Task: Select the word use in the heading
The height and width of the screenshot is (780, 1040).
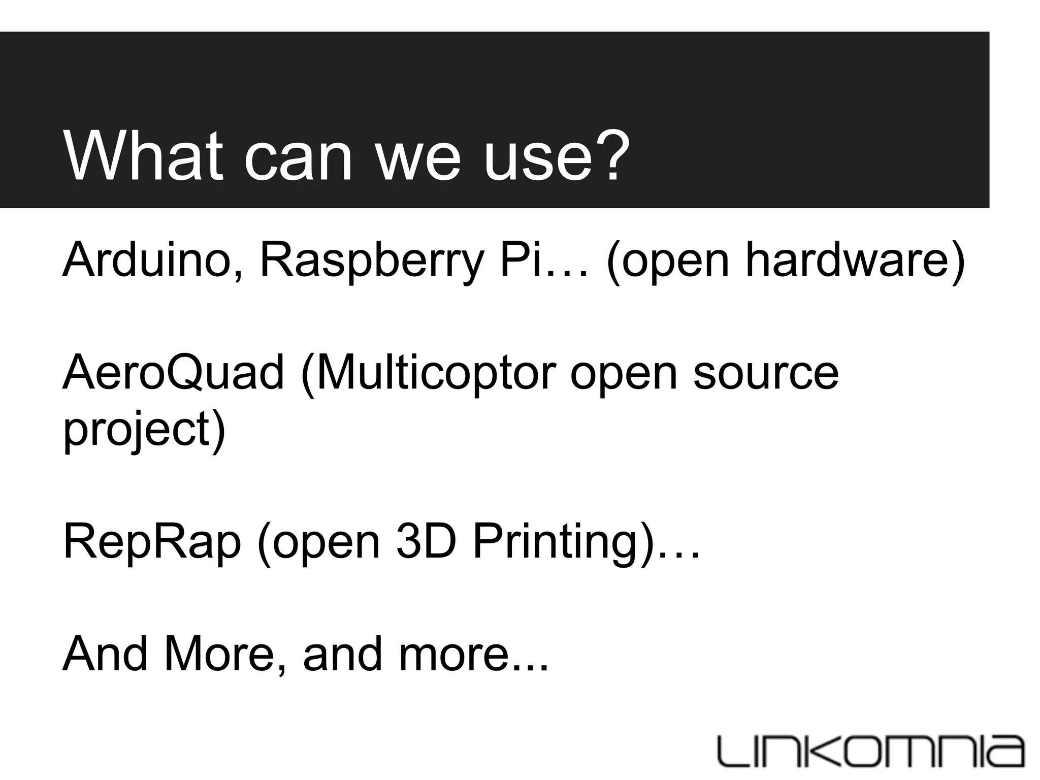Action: (535, 160)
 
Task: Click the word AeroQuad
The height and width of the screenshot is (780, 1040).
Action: (173, 373)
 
